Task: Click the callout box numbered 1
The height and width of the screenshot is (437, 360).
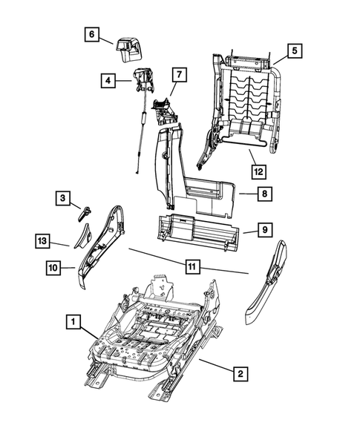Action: [73, 321]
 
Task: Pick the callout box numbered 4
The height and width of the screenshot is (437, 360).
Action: [108, 80]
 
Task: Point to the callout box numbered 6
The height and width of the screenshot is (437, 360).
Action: [91, 34]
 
